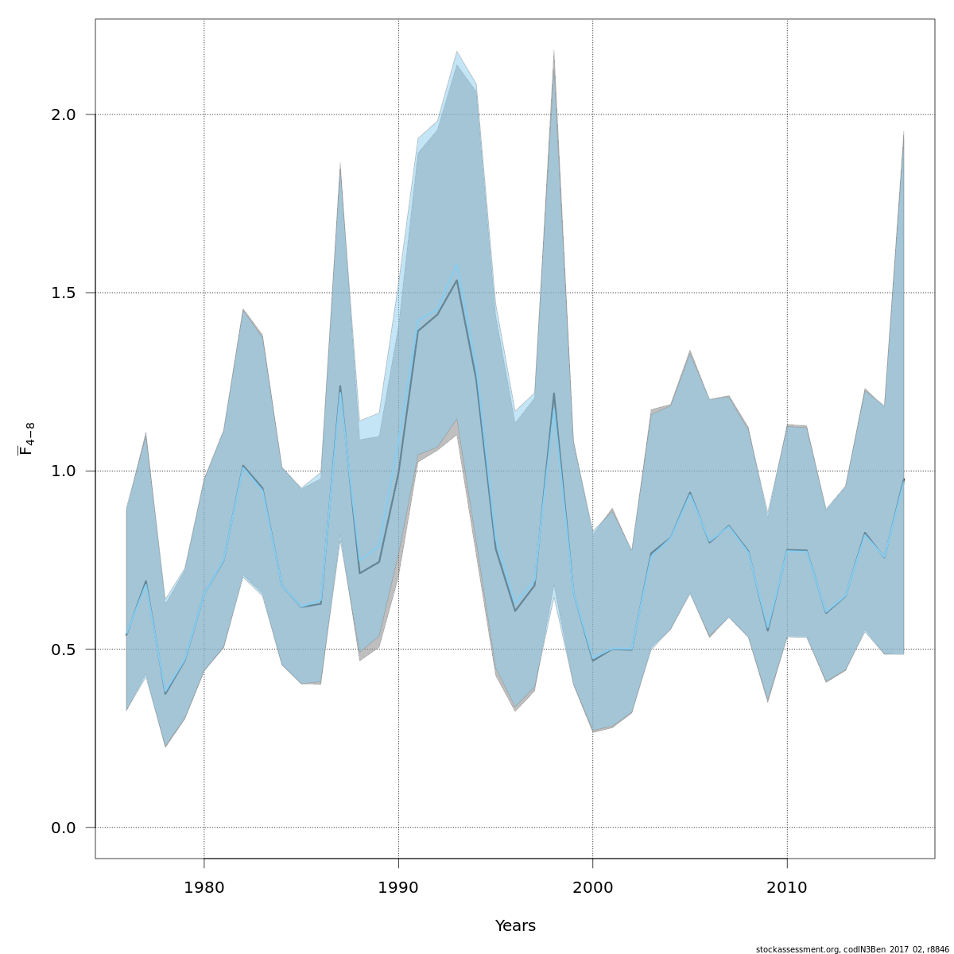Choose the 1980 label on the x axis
coord(204,888)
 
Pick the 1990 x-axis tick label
coord(398,888)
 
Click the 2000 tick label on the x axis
coord(593,888)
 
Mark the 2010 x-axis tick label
coord(787,888)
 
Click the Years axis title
coord(515,926)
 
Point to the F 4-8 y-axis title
coord(26,439)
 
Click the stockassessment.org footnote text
coord(852,949)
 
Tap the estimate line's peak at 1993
coord(457,280)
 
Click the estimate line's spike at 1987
coord(340,386)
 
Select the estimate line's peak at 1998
coord(554,393)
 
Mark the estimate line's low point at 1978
coord(165,694)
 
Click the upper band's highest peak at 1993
coord(457,52)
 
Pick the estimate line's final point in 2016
coord(904,479)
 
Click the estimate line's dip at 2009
coord(768,630)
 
